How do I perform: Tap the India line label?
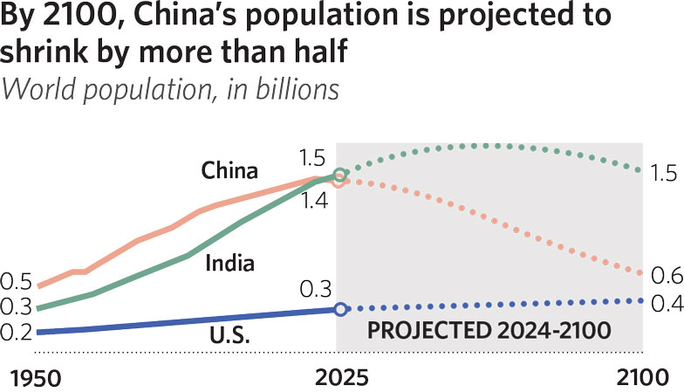coord(229,262)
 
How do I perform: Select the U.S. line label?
coord(229,334)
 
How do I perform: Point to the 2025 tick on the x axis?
coord(340,378)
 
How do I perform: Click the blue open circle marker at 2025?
coord(340,308)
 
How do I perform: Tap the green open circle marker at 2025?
coord(340,175)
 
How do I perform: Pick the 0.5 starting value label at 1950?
coord(17,282)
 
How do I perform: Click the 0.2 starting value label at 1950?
coord(17,333)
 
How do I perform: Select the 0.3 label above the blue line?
coord(315,288)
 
